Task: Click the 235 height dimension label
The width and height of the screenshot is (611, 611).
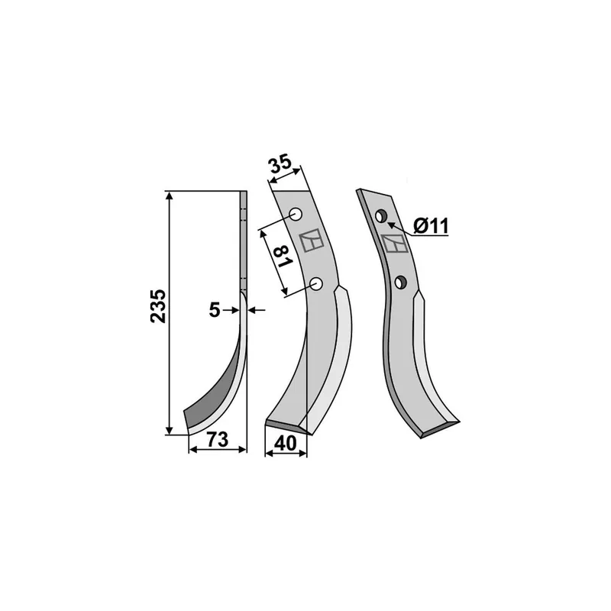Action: tap(158, 306)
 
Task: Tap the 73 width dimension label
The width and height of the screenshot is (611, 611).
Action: tap(217, 440)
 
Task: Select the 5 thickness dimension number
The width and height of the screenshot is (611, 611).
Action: tap(215, 310)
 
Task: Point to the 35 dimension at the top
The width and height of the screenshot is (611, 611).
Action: tap(281, 163)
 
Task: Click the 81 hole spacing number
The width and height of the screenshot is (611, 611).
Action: tap(285, 257)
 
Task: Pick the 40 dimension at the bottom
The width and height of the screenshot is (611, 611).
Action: tap(285, 444)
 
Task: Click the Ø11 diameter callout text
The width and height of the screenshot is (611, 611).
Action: tap(431, 225)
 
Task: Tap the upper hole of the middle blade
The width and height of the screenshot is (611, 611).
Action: tap(296, 215)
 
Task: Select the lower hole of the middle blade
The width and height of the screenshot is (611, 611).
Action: tap(316, 283)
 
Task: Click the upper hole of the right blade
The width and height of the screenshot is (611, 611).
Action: tap(380, 216)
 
